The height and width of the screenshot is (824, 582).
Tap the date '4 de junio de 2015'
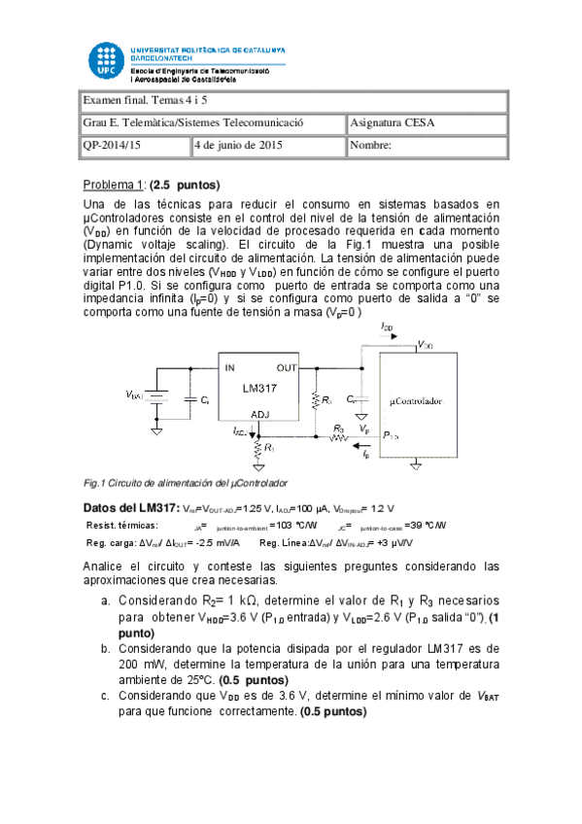tap(239, 146)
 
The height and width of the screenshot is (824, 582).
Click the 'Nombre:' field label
tap(371, 146)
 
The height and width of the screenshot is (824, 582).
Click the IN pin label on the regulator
tap(230, 368)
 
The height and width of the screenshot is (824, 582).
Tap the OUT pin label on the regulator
tap(287, 368)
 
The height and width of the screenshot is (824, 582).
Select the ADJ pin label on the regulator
tap(260, 413)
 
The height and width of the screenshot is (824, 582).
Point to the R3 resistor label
tap(339, 427)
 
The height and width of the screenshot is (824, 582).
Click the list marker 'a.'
tap(107, 601)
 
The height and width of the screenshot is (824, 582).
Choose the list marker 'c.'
tap(107, 696)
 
